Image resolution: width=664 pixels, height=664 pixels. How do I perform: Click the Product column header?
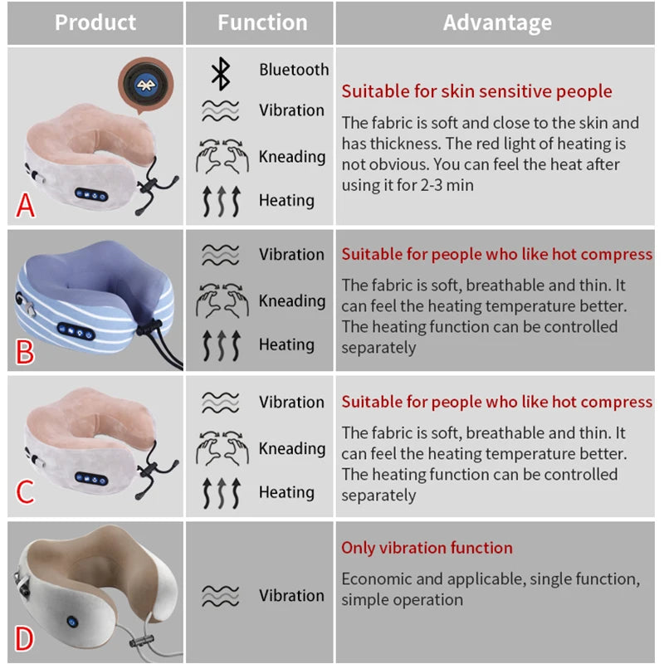95,22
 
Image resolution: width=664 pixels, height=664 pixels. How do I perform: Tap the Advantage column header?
497,22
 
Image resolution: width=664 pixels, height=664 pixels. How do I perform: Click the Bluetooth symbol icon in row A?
220,72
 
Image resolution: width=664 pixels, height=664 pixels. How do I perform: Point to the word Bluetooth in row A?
294,70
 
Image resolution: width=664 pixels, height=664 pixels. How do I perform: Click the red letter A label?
26,204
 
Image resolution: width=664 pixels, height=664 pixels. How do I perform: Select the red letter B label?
26,352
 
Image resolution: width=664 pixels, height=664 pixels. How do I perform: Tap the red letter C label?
26,492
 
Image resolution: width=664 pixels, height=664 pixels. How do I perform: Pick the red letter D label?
25,639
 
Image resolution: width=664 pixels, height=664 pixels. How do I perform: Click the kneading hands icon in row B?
220,300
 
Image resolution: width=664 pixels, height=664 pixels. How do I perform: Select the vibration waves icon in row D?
220,595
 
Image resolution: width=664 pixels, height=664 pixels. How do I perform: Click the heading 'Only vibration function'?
427,548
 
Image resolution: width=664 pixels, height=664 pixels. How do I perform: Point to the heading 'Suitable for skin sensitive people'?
476,91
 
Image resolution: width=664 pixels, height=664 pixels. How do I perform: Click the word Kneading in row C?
292,448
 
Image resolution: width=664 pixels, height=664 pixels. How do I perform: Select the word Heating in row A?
286,200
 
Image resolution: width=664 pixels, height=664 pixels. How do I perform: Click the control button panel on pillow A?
91,194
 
